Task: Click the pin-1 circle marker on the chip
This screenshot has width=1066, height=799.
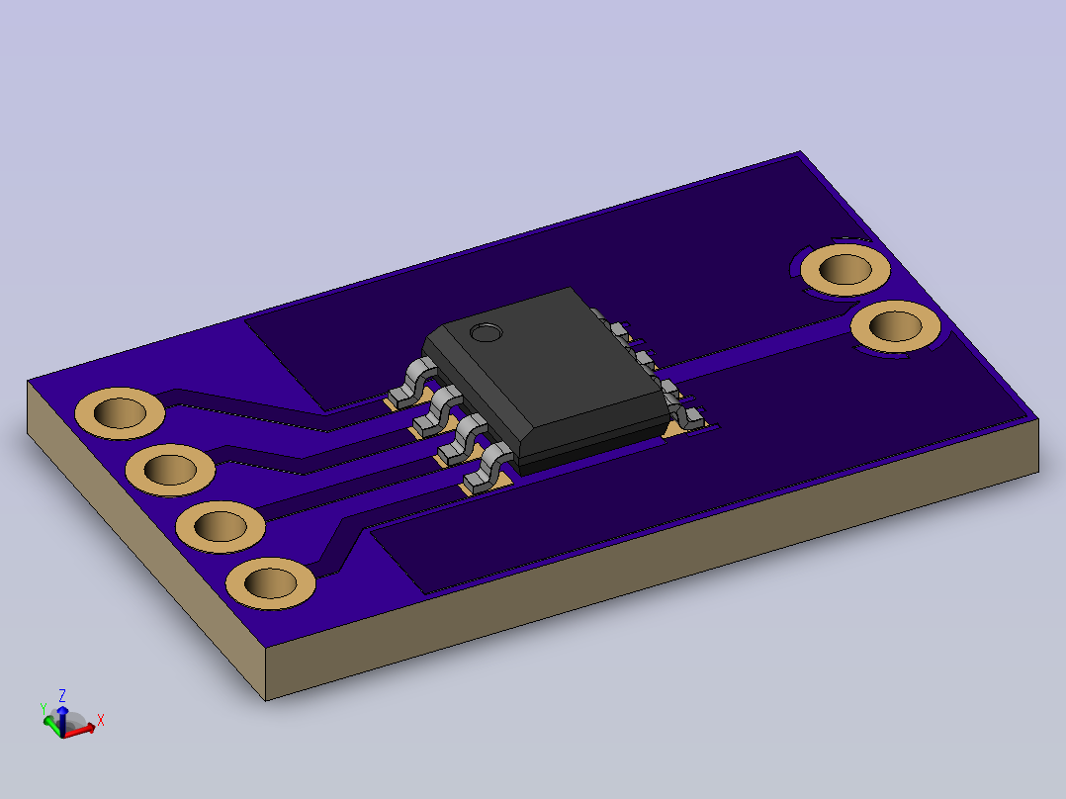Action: click(487, 332)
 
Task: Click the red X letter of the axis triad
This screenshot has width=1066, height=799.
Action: click(101, 720)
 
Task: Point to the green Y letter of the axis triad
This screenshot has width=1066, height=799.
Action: click(44, 709)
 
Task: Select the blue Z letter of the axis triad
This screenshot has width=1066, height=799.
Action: click(62, 695)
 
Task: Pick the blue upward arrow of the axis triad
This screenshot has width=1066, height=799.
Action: click(62, 720)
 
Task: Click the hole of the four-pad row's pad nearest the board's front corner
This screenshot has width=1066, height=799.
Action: click(271, 583)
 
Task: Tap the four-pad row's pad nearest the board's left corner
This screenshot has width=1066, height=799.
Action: click(120, 412)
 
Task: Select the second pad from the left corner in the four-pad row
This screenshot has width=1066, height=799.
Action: click(170, 470)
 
